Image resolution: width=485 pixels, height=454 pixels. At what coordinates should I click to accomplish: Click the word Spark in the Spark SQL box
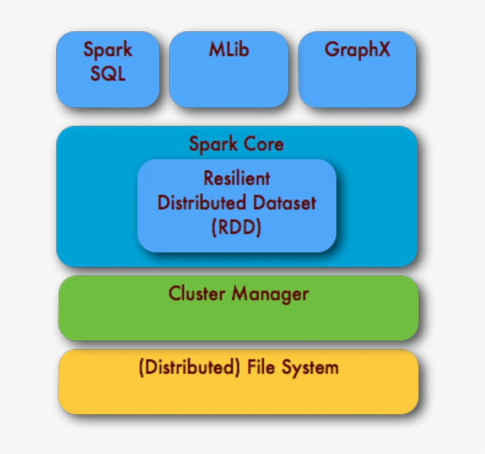(108, 50)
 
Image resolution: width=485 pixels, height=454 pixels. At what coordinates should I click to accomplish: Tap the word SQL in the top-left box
(108, 74)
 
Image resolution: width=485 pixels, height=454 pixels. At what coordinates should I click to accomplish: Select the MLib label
(229, 50)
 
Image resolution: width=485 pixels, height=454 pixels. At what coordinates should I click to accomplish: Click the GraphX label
(357, 50)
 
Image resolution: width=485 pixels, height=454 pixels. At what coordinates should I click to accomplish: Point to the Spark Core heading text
(236, 144)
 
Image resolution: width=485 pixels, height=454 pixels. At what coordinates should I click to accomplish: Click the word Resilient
(237, 177)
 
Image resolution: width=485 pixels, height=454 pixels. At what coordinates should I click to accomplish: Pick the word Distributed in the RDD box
(201, 203)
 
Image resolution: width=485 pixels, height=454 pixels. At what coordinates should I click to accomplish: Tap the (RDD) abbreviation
(237, 228)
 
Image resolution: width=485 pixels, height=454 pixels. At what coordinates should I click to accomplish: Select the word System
(310, 367)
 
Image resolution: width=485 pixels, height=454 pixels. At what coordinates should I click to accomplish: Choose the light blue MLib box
(229, 83)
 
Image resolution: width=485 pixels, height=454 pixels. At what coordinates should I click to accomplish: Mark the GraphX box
(357, 83)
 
